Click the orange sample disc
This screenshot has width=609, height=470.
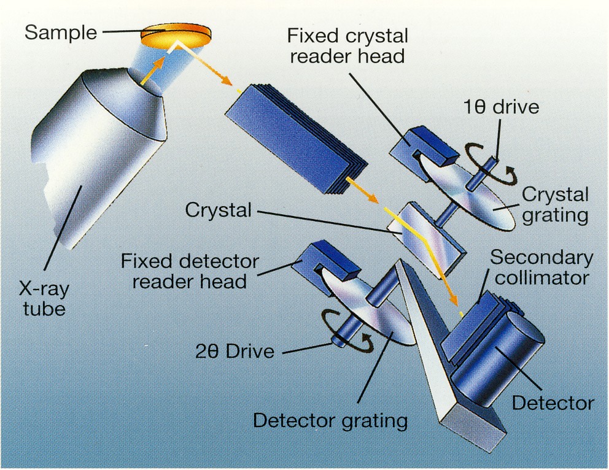click(173, 34)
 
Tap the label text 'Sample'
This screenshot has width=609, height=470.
click(61, 32)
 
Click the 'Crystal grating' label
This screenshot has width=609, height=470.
click(555, 205)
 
